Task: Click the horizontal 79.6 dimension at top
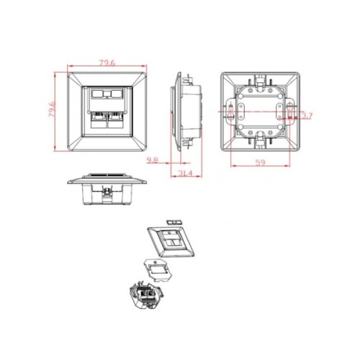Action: (x=107, y=63)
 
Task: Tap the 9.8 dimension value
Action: (x=152, y=160)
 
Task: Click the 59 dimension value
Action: (x=261, y=163)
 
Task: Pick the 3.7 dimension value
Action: (x=307, y=115)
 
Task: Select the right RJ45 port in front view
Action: (x=116, y=120)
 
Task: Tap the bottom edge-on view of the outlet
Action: (x=107, y=185)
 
